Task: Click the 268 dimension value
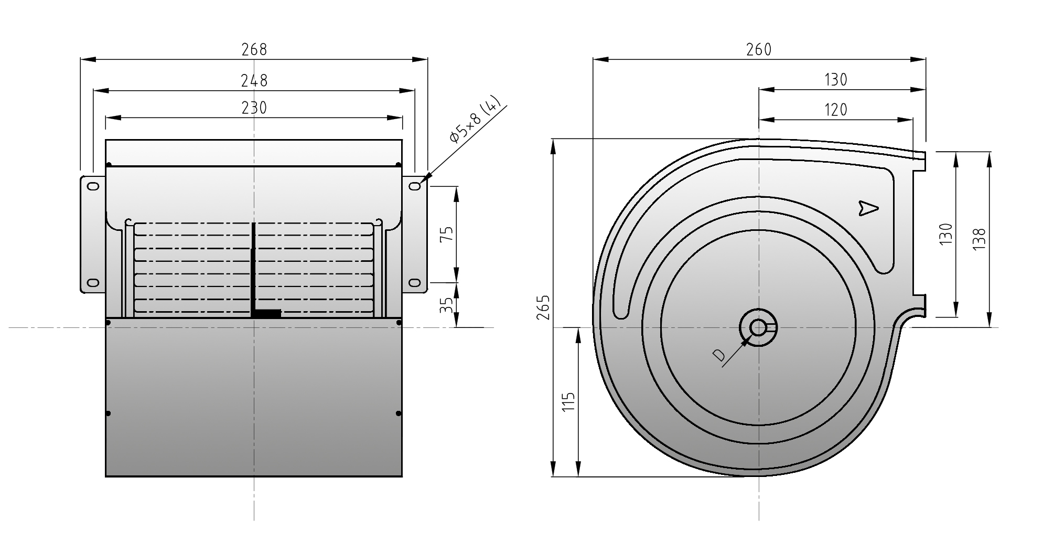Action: pyautogui.click(x=254, y=49)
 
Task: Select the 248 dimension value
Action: pyautogui.click(x=254, y=81)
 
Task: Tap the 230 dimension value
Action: pyautogui.click(x=254, y=108)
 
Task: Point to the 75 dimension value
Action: pyautogui.click(x=446, y=234)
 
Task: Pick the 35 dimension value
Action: pyautogui.click(x=446, y=305)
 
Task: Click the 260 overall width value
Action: pyautogui.click(x=759, y=49)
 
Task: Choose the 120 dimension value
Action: pyautogui.click(x=836, y=110)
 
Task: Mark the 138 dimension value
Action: pyautogui.click(x=979, y=239)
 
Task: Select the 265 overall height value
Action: pyautogui.click(x=544, y=307)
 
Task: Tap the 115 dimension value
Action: pyautogui.click(x=569, y=402)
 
